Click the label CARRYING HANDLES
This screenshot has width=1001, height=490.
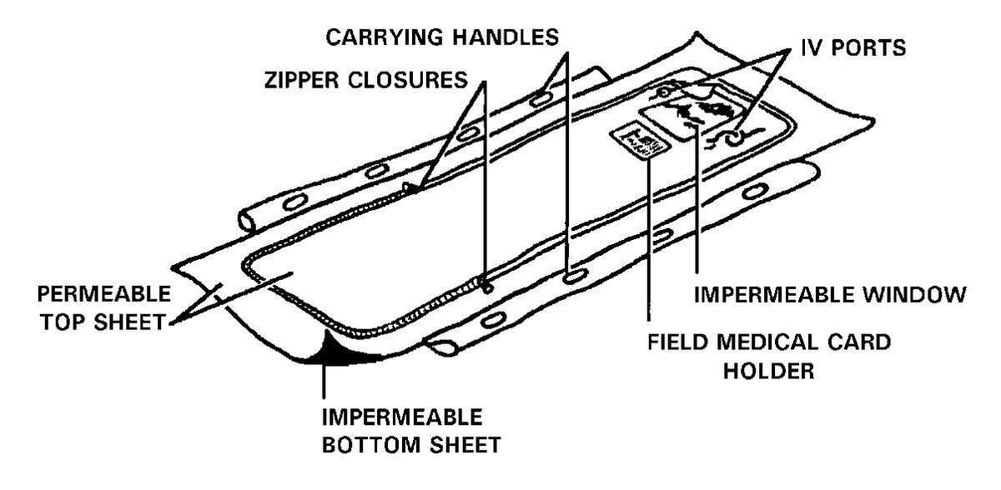click(440, 37)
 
